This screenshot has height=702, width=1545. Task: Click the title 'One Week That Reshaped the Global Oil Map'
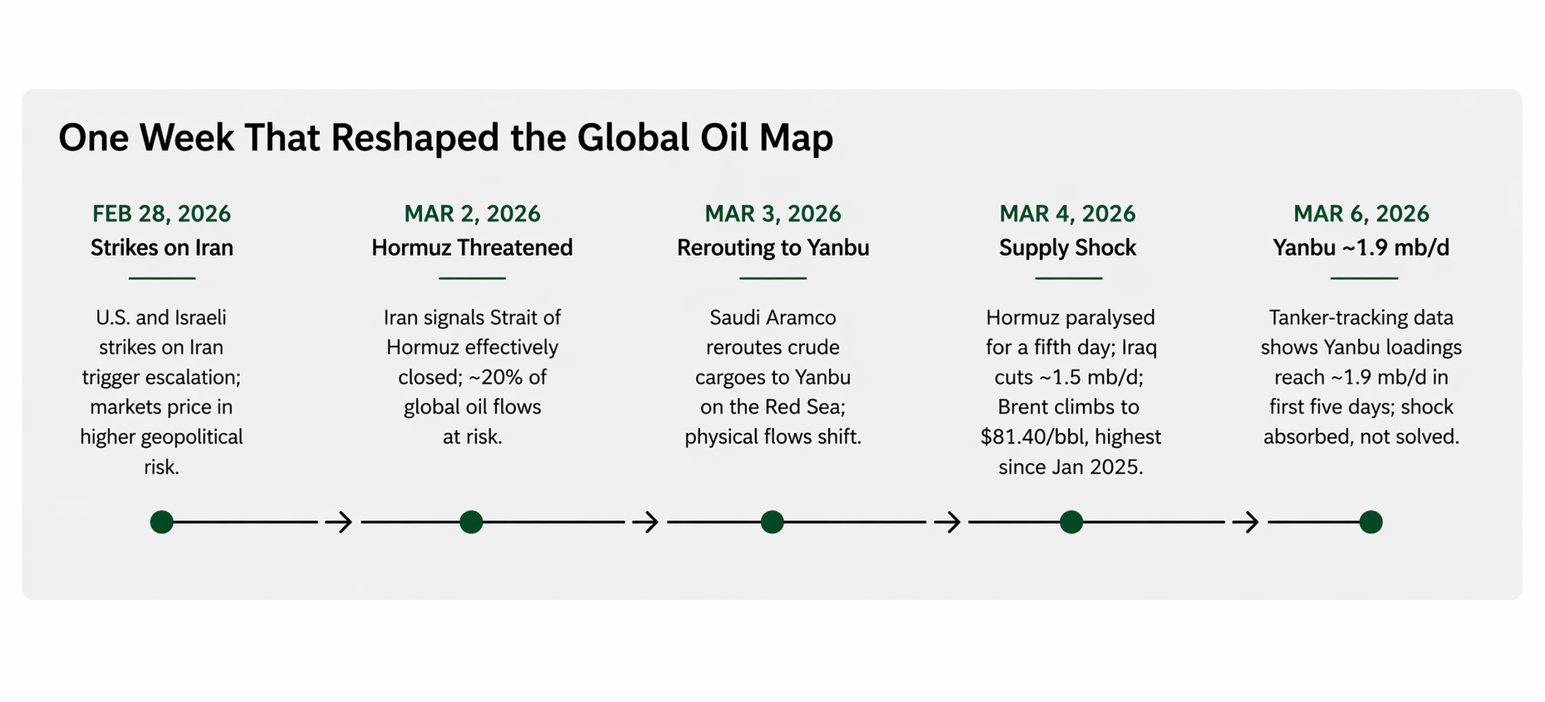pyautogui.click(x=445, y=138)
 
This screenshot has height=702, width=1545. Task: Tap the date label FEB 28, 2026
pyautogui.click(x=161, y=214)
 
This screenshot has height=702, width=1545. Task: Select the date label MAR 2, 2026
pyautogui.click(x=472, y=214)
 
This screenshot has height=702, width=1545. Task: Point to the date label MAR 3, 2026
pyautogui.click(x=772, y=214)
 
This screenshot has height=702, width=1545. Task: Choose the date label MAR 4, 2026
pyautogui.click(x=1067, y=214)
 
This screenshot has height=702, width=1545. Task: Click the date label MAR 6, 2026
pyautogui.click(x=1361, y=214)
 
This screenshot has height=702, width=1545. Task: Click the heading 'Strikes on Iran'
pyautogui.click(x=161, y=248)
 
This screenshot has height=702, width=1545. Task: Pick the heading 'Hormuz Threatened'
pyautogui.click(x=472, y=248)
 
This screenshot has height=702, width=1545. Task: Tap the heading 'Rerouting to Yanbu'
pyautogui.click(x=772, y=248)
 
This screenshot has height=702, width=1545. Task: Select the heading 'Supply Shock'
pyautogui.click(x=1067, y=248)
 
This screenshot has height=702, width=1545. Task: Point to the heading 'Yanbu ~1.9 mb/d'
pyautogui.click(x=1361, y=248)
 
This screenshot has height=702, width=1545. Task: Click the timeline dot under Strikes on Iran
pyautogui.click(x=162, y=522)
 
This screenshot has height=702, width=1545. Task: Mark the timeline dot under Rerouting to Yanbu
pyautogui.click(x=772, y=522)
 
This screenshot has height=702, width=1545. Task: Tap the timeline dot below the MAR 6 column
pyautogui.click(x=1371, y=522)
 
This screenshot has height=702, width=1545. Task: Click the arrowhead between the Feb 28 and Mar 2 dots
pyautogui.click(x=340, y=522)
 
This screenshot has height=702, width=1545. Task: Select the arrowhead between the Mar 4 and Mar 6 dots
pyautogui.click(x=1247, y=522)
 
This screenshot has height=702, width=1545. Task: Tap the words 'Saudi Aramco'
pyautogui.click(x=772, y=317)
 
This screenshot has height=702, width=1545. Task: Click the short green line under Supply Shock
pyautogui.click(x=1068, y=278)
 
